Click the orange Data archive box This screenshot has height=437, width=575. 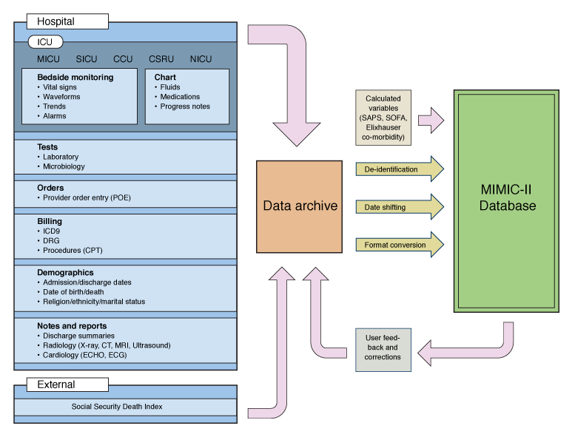click(x=299, y=206)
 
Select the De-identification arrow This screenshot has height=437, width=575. click(x=400, y=169)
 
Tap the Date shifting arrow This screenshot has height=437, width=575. click(x=400, y=207)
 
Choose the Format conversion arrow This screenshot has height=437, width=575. click(x=400, y=245)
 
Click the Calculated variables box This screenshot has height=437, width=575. click(x=383, y=118)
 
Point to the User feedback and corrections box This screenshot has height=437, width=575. click(x=383, y=350)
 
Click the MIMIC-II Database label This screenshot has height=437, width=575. click(x=508, y=197)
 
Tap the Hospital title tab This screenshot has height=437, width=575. click(x=67, y=21)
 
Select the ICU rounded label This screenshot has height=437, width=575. click(x=45, y=42)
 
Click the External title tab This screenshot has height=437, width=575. click(x=67, y=385)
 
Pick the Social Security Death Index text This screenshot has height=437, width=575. click(x=117, y=406)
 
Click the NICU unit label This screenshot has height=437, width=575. click(x=201, y=59)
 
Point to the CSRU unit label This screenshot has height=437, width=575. click(x=161, y=59)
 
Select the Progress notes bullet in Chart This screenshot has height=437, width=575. click(x=182, y=106)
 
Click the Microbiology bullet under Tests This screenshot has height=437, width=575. click(x=61, y=166)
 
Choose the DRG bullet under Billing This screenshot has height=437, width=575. click(x=48, y=240)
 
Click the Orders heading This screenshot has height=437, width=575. click(x=50, y=188)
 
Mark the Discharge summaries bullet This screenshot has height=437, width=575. click(x=75, y=336)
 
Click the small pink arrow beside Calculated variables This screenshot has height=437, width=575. click(x=431, y=120)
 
